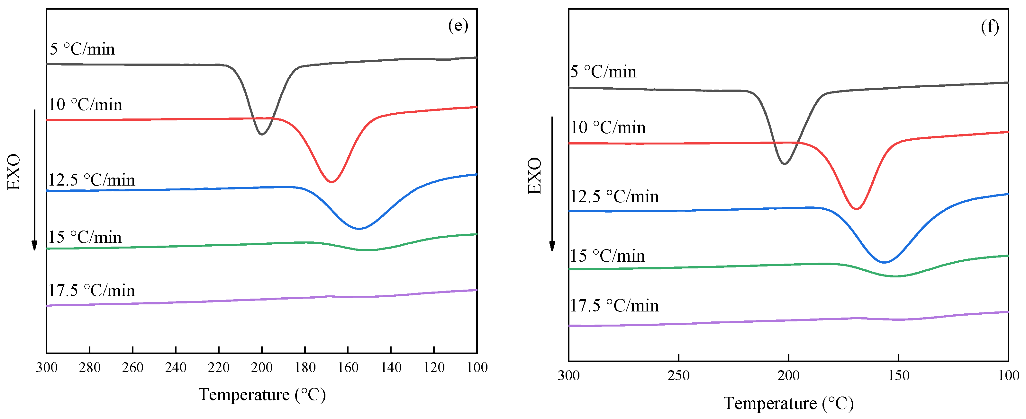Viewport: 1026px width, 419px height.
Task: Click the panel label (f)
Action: pyautogui.click(x=989, y=27)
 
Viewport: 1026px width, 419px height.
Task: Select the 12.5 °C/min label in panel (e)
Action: pyautogui.click(x=92, y=180)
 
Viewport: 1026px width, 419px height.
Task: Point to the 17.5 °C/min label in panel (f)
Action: pyautogui.click(x=614, y=306)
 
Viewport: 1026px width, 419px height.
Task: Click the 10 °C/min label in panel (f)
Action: pyautogui.click(x=608, y=128)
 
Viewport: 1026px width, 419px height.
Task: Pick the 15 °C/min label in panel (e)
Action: pyautogui.click(x=85, y=238)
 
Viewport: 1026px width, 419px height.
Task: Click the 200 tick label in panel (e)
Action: pyautogui.click(x=262, y=367)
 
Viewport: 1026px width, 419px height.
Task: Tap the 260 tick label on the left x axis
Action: pyautogui.click(x=133, y=367)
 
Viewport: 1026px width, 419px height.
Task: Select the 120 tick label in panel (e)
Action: pyautogui.click(x=434, y=367)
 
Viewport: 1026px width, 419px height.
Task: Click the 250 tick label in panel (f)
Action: pyautogui.click(x=678, y=376)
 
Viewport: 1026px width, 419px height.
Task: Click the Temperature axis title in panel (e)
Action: pyautogui.click(x=262, y=395)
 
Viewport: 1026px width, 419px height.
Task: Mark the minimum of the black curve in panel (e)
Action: pyautogui.click(x=262, y=135)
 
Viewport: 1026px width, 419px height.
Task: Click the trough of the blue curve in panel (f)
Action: pyautogui.click(x=884, y=262)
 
